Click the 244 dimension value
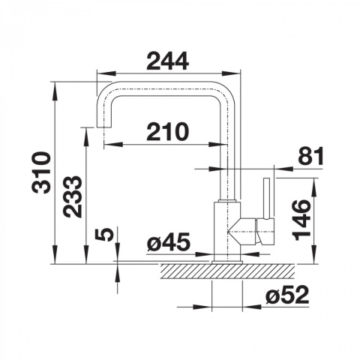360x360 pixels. tap(167, 61)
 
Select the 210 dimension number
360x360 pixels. tap(167, 131)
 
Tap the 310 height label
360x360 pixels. tap(42, 172)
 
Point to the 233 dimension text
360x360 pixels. tap(72, 196)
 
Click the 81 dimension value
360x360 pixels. tap(310, 156)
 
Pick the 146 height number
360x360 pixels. tap(301, 220)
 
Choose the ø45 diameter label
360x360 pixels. tap(168, 241)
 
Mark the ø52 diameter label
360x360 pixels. tap(287, 295)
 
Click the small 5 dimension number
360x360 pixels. tap(104, 235)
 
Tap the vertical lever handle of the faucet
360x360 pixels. tap(266, 199)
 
